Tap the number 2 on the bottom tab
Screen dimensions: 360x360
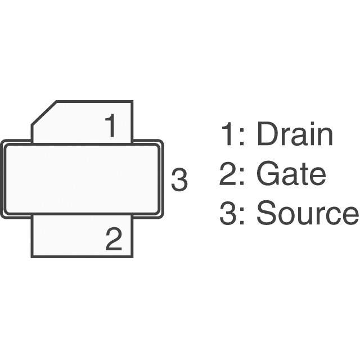pos(113,240)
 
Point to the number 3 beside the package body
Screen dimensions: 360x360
pos(179,180)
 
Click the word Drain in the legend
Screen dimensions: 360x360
pos(294,135)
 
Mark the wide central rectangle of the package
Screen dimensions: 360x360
pos(82,179)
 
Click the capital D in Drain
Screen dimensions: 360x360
pos(266,135)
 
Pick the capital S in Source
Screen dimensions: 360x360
pos(266,214)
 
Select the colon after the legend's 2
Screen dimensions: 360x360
pos(242,178)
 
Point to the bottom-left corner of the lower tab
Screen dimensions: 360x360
pos(32,256)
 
